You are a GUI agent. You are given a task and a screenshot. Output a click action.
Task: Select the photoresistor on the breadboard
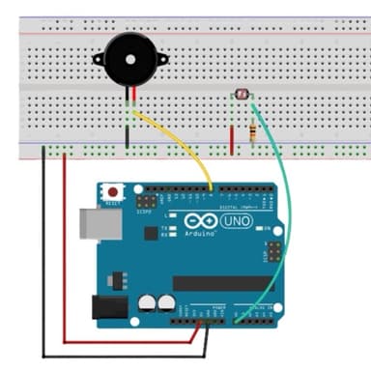242,94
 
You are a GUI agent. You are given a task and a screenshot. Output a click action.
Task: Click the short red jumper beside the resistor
232,135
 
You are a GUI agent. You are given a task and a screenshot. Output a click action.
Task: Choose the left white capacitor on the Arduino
147,302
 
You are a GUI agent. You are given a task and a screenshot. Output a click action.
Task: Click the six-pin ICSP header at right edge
273,252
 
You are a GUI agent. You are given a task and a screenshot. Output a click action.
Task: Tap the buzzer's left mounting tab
99,59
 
